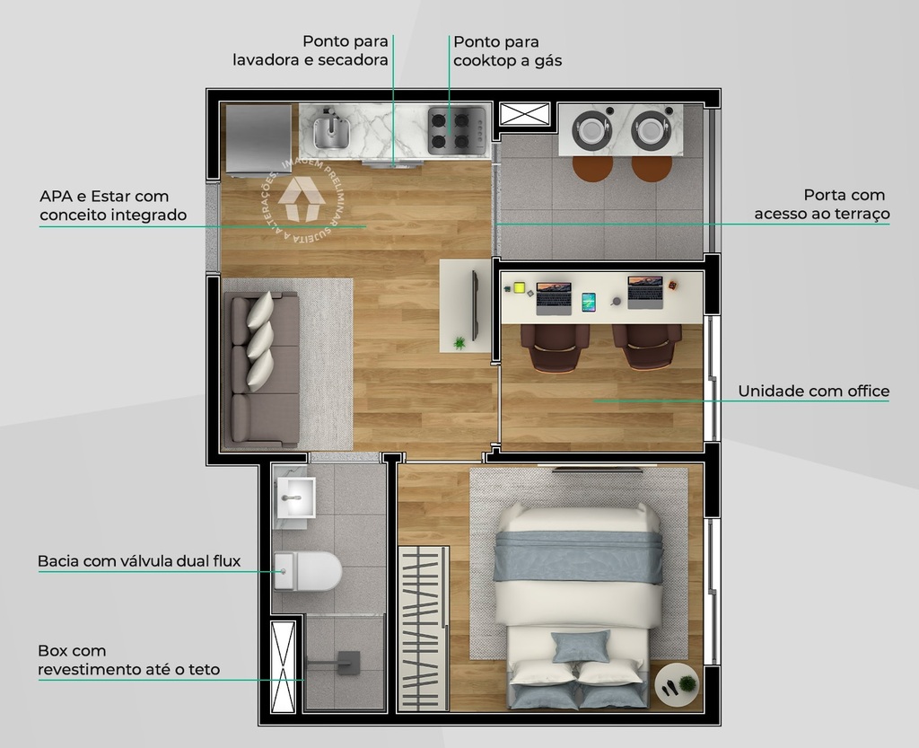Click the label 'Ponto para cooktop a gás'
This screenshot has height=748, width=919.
[x=508, y=51]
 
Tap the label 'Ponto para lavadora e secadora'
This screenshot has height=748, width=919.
[x=311, y=51]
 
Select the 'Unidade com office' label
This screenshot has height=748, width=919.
[x=813, y=391]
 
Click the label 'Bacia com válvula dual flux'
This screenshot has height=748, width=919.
[x=139, y=561]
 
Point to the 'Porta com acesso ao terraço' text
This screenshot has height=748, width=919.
[x=821, y=204]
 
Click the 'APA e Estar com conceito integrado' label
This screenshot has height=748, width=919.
[x=113, y=206]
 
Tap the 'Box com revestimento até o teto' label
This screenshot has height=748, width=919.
[x=128, y=660]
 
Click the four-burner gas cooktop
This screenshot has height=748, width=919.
[x=456, y=129]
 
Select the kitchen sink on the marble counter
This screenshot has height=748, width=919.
[x=330, y=131]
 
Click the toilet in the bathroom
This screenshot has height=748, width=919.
[x=308, y=570]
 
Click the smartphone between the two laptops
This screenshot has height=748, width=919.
[x=589, y=302]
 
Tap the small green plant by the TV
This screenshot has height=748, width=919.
[x=460, y=342]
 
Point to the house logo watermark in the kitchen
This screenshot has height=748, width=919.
[x=302, y=198]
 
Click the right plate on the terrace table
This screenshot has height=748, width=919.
[x=651, y=131]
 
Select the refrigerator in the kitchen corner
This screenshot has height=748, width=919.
[x=258, y=139]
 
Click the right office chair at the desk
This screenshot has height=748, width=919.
[x=646, y=346]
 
